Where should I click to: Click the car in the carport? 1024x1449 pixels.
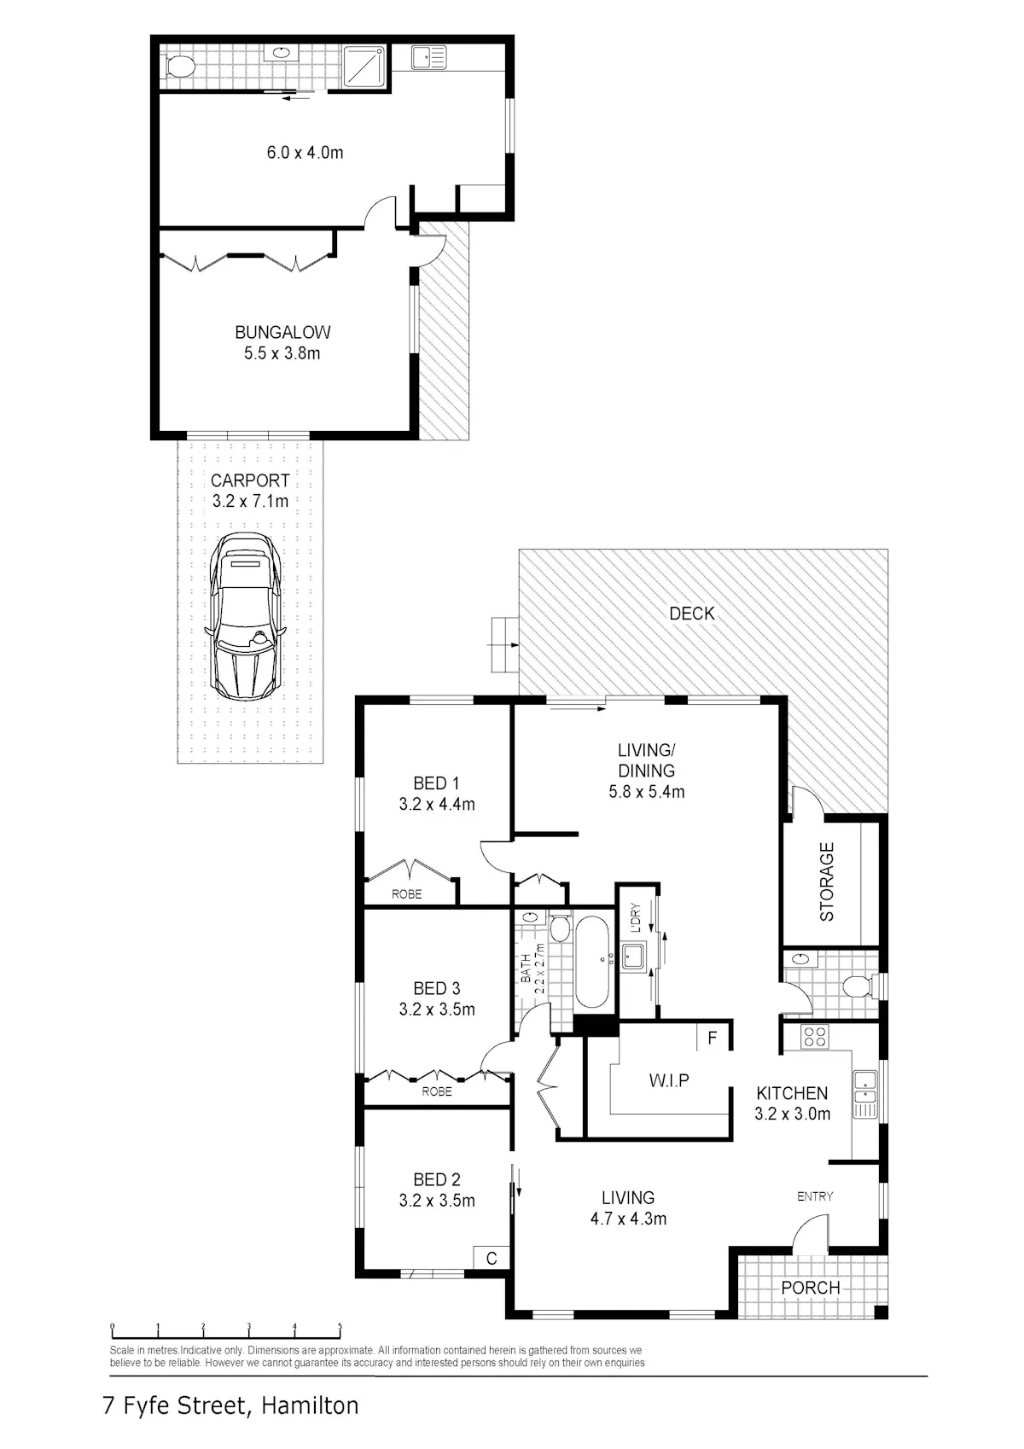point(245,616)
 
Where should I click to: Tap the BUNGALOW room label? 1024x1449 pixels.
point(282,333)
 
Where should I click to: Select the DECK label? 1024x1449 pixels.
point(691,614)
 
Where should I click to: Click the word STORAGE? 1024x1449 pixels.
point(827,881)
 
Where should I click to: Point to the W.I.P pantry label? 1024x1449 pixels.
point(669,1079)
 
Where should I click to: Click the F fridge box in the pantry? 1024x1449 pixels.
point(713,1039)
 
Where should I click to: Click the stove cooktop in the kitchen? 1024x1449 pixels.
point(815,1037)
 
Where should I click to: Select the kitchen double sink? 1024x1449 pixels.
point(865,1086)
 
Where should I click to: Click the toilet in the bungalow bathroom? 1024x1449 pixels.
point(177,66)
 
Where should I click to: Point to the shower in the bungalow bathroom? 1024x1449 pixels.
point(364,66)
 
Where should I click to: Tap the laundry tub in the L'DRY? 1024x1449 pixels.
point(632,956)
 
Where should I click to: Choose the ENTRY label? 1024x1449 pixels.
point(815,1196)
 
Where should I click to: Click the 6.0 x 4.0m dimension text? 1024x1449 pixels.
point(305,153)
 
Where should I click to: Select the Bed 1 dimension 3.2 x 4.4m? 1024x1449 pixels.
point(437,804)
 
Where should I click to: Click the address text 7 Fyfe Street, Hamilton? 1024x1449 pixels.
point(230,1405)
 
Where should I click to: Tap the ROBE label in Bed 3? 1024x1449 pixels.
point(437,1091)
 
